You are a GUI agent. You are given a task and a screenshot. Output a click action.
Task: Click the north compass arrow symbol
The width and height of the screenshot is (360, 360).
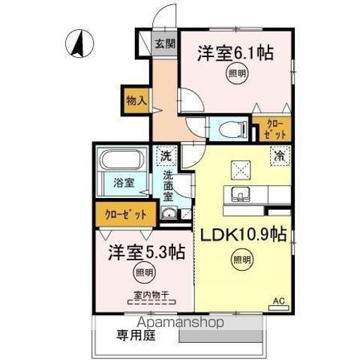(x=77, y=44)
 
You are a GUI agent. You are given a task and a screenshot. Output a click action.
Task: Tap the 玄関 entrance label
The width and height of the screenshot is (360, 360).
(x=165, y=43)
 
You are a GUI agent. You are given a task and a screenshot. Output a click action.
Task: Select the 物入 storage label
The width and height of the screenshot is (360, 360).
(x=136, y=97)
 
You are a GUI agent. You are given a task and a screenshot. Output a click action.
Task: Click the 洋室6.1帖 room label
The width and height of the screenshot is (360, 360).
(x=234, y=53)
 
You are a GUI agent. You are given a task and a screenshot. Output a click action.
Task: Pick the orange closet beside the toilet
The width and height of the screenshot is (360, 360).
(x=271, y=129)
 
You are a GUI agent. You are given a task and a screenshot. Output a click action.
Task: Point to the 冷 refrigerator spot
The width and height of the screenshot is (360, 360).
(x=278, y=158)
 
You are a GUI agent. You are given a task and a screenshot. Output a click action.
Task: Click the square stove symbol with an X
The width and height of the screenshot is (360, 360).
(x=241, y=169)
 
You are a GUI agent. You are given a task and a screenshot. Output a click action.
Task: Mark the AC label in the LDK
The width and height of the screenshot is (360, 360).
(x=277, y=300)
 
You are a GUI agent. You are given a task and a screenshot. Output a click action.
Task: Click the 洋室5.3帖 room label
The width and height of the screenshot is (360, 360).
(x=140, y=251)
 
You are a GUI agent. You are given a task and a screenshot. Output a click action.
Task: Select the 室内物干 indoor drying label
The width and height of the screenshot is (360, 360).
(x=142, y=294)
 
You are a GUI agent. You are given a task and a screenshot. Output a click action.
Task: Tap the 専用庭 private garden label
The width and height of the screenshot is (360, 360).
(x=133, y=335)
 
